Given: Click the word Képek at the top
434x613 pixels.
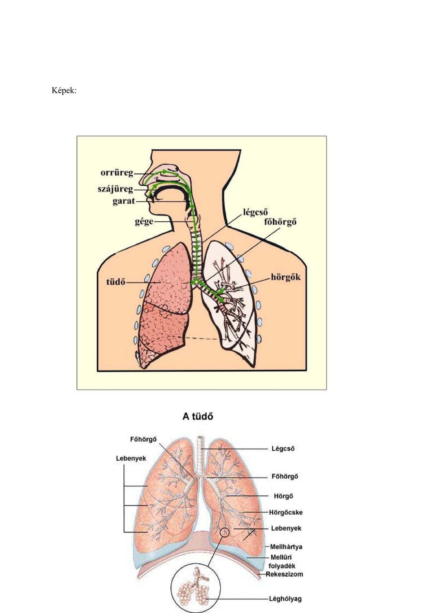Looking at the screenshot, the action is click(x=64, y=91).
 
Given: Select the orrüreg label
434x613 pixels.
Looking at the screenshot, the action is click(x=117, y=173).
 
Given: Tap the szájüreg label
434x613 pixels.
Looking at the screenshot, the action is click(x=116, y=189).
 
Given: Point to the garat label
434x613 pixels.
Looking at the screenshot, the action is click(x=124, y=201).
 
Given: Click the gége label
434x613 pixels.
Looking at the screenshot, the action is click(x=144, y=222).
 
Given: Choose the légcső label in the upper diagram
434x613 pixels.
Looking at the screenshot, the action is click(x=255, y=213).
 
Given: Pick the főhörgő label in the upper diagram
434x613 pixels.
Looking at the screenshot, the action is click(x=280, y=222).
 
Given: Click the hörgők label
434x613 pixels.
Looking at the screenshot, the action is click(x=286, y=277).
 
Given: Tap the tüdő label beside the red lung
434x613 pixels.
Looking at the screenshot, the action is click(x=116, y=282).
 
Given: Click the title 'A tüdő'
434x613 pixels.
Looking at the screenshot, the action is click(x=198, y=416).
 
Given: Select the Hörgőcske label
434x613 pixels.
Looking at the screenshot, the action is click(x=286, y=512).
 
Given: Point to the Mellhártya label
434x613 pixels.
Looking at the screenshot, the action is click(x=286, y=547).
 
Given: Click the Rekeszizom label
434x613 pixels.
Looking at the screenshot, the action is click(x=284, y=574).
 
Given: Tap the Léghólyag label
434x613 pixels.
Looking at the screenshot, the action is click(x=285, y=599).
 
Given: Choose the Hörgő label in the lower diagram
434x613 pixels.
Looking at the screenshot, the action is click(x=283, y=496).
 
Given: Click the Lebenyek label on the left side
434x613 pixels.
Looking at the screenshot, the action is click(x=131, y=458).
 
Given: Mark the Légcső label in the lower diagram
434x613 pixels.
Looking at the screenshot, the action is click(x=283, y=449).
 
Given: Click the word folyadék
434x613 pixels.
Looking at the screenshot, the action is click(x=282, y=566).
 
